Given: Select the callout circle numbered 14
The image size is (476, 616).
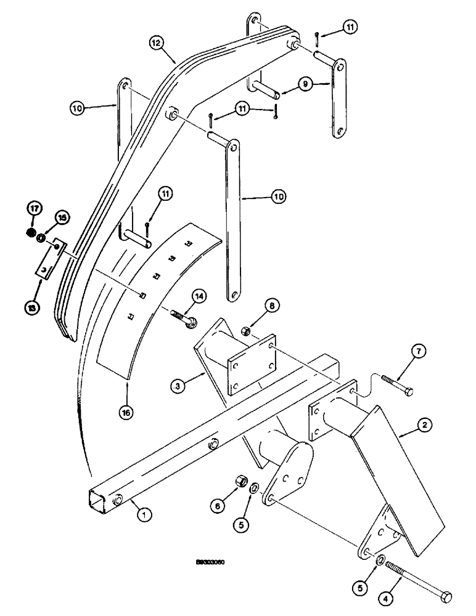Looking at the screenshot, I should [199, 298].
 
